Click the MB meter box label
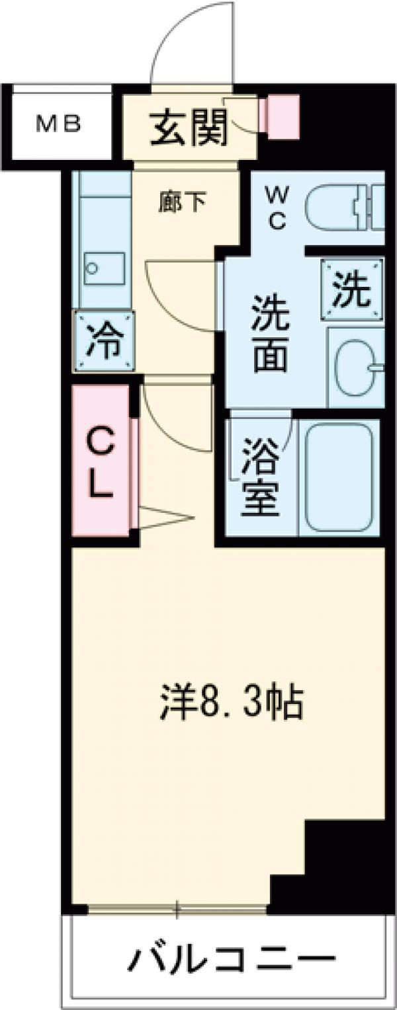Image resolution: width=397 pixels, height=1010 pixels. pos(58,124)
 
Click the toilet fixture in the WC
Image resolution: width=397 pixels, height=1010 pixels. pos(344,206)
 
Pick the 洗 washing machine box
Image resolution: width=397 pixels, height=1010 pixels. pos(351,290)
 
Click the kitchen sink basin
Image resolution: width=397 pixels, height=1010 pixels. pos(104,270)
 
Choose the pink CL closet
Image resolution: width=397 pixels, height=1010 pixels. pos(102,461)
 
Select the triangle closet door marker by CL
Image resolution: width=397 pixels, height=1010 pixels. pos(162,518)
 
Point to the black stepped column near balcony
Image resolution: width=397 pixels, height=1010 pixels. pos(331,866)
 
